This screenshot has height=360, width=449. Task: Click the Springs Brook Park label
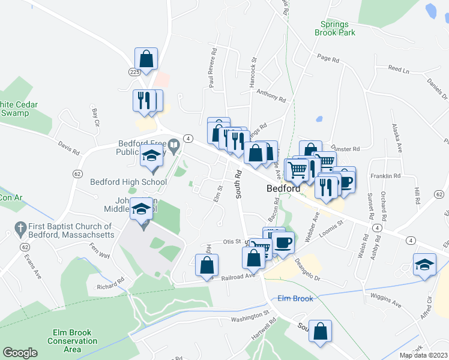(x=334, y=28)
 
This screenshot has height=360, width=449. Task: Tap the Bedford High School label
(x=128, y=182)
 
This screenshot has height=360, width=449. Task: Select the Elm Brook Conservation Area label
(x=72, y=341)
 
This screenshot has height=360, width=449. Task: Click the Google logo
(x=20, y=353)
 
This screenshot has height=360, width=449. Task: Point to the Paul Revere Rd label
(x=211, y=74)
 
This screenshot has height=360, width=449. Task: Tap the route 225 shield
(x=134, y=71)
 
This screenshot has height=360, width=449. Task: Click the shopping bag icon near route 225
(x=146, y=58)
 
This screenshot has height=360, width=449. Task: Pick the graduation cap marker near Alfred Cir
(x=424, y=264)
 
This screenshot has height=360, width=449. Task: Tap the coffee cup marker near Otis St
(x=283, y=242)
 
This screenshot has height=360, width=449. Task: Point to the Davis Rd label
(x=68, y=148)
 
